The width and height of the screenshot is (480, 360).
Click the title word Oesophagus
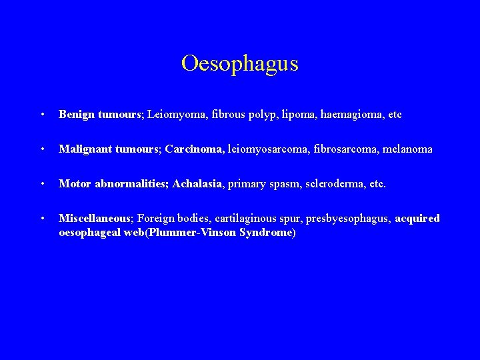pos(239,64)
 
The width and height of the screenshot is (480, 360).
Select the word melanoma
pos(408,149)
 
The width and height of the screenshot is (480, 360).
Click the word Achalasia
pos(197,184)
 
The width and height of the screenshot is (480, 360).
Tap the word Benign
pos(77,115)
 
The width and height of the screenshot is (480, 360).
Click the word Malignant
pos(85,149)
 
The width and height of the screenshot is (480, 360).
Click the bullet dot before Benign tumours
pos(43,115)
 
